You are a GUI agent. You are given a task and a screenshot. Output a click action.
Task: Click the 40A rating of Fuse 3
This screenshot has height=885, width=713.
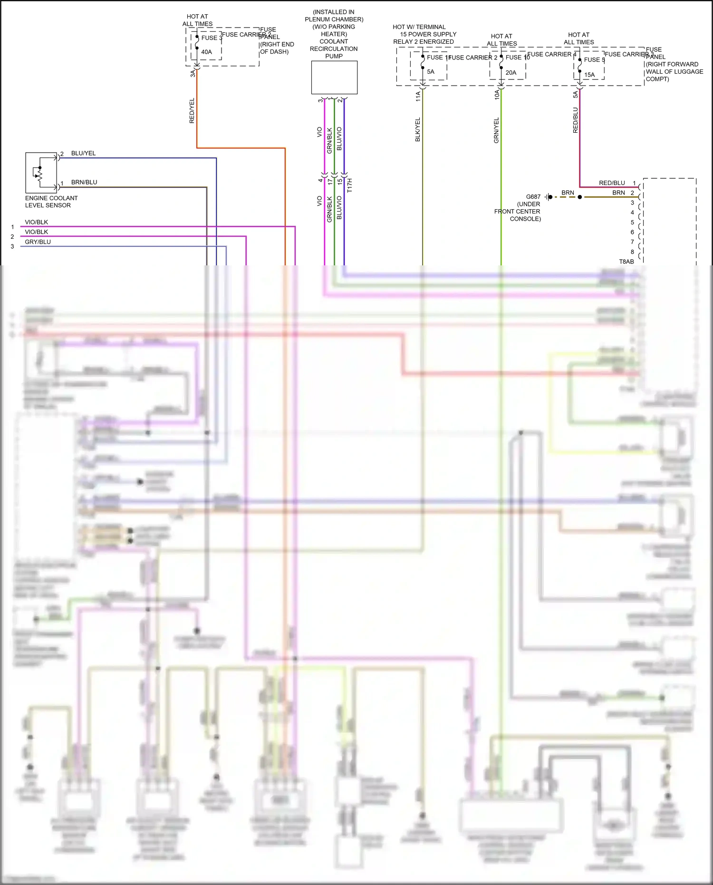click(206, 52)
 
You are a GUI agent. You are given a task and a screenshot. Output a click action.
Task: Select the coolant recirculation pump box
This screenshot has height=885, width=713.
click(334, 78)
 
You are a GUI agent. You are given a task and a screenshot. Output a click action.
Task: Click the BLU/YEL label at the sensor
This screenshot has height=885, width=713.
click(83, 153)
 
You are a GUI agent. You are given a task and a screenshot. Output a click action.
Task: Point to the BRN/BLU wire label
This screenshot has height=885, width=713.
click(84, 182)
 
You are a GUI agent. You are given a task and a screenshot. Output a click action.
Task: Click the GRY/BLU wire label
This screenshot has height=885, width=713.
click(38, 242)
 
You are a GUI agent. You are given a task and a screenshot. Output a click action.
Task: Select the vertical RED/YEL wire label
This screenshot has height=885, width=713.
click(192, 111)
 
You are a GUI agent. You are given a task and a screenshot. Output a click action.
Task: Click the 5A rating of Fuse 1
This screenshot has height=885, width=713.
click(431, 72)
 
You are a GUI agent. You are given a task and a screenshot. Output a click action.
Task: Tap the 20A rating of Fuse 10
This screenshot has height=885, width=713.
click(511, 73)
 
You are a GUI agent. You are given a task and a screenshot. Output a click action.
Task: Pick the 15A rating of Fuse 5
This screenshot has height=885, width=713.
click(589, 75)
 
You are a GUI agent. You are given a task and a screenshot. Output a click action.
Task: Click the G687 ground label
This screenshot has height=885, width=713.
click(533, 196)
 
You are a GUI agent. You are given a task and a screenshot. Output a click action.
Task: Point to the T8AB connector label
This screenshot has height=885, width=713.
click(626, 262)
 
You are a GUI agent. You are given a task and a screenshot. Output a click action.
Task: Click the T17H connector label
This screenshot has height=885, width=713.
click(350, 185)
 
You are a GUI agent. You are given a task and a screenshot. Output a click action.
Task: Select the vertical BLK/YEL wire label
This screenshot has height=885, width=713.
click(418, 129)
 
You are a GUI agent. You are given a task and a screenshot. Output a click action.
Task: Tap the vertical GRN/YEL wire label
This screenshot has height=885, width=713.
click(496, 130)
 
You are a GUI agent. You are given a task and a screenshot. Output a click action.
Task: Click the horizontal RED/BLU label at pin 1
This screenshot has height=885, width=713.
click(612, 183)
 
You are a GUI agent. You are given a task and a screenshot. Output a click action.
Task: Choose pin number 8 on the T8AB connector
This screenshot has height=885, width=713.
click(632, 252)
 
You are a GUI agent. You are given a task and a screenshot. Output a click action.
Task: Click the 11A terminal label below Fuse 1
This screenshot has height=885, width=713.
click(418, 96)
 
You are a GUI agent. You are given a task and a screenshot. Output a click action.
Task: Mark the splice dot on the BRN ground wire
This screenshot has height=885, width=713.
click(579, 197)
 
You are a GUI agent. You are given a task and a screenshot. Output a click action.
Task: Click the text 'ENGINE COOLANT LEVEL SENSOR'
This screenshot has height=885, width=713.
click(51, 202)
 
